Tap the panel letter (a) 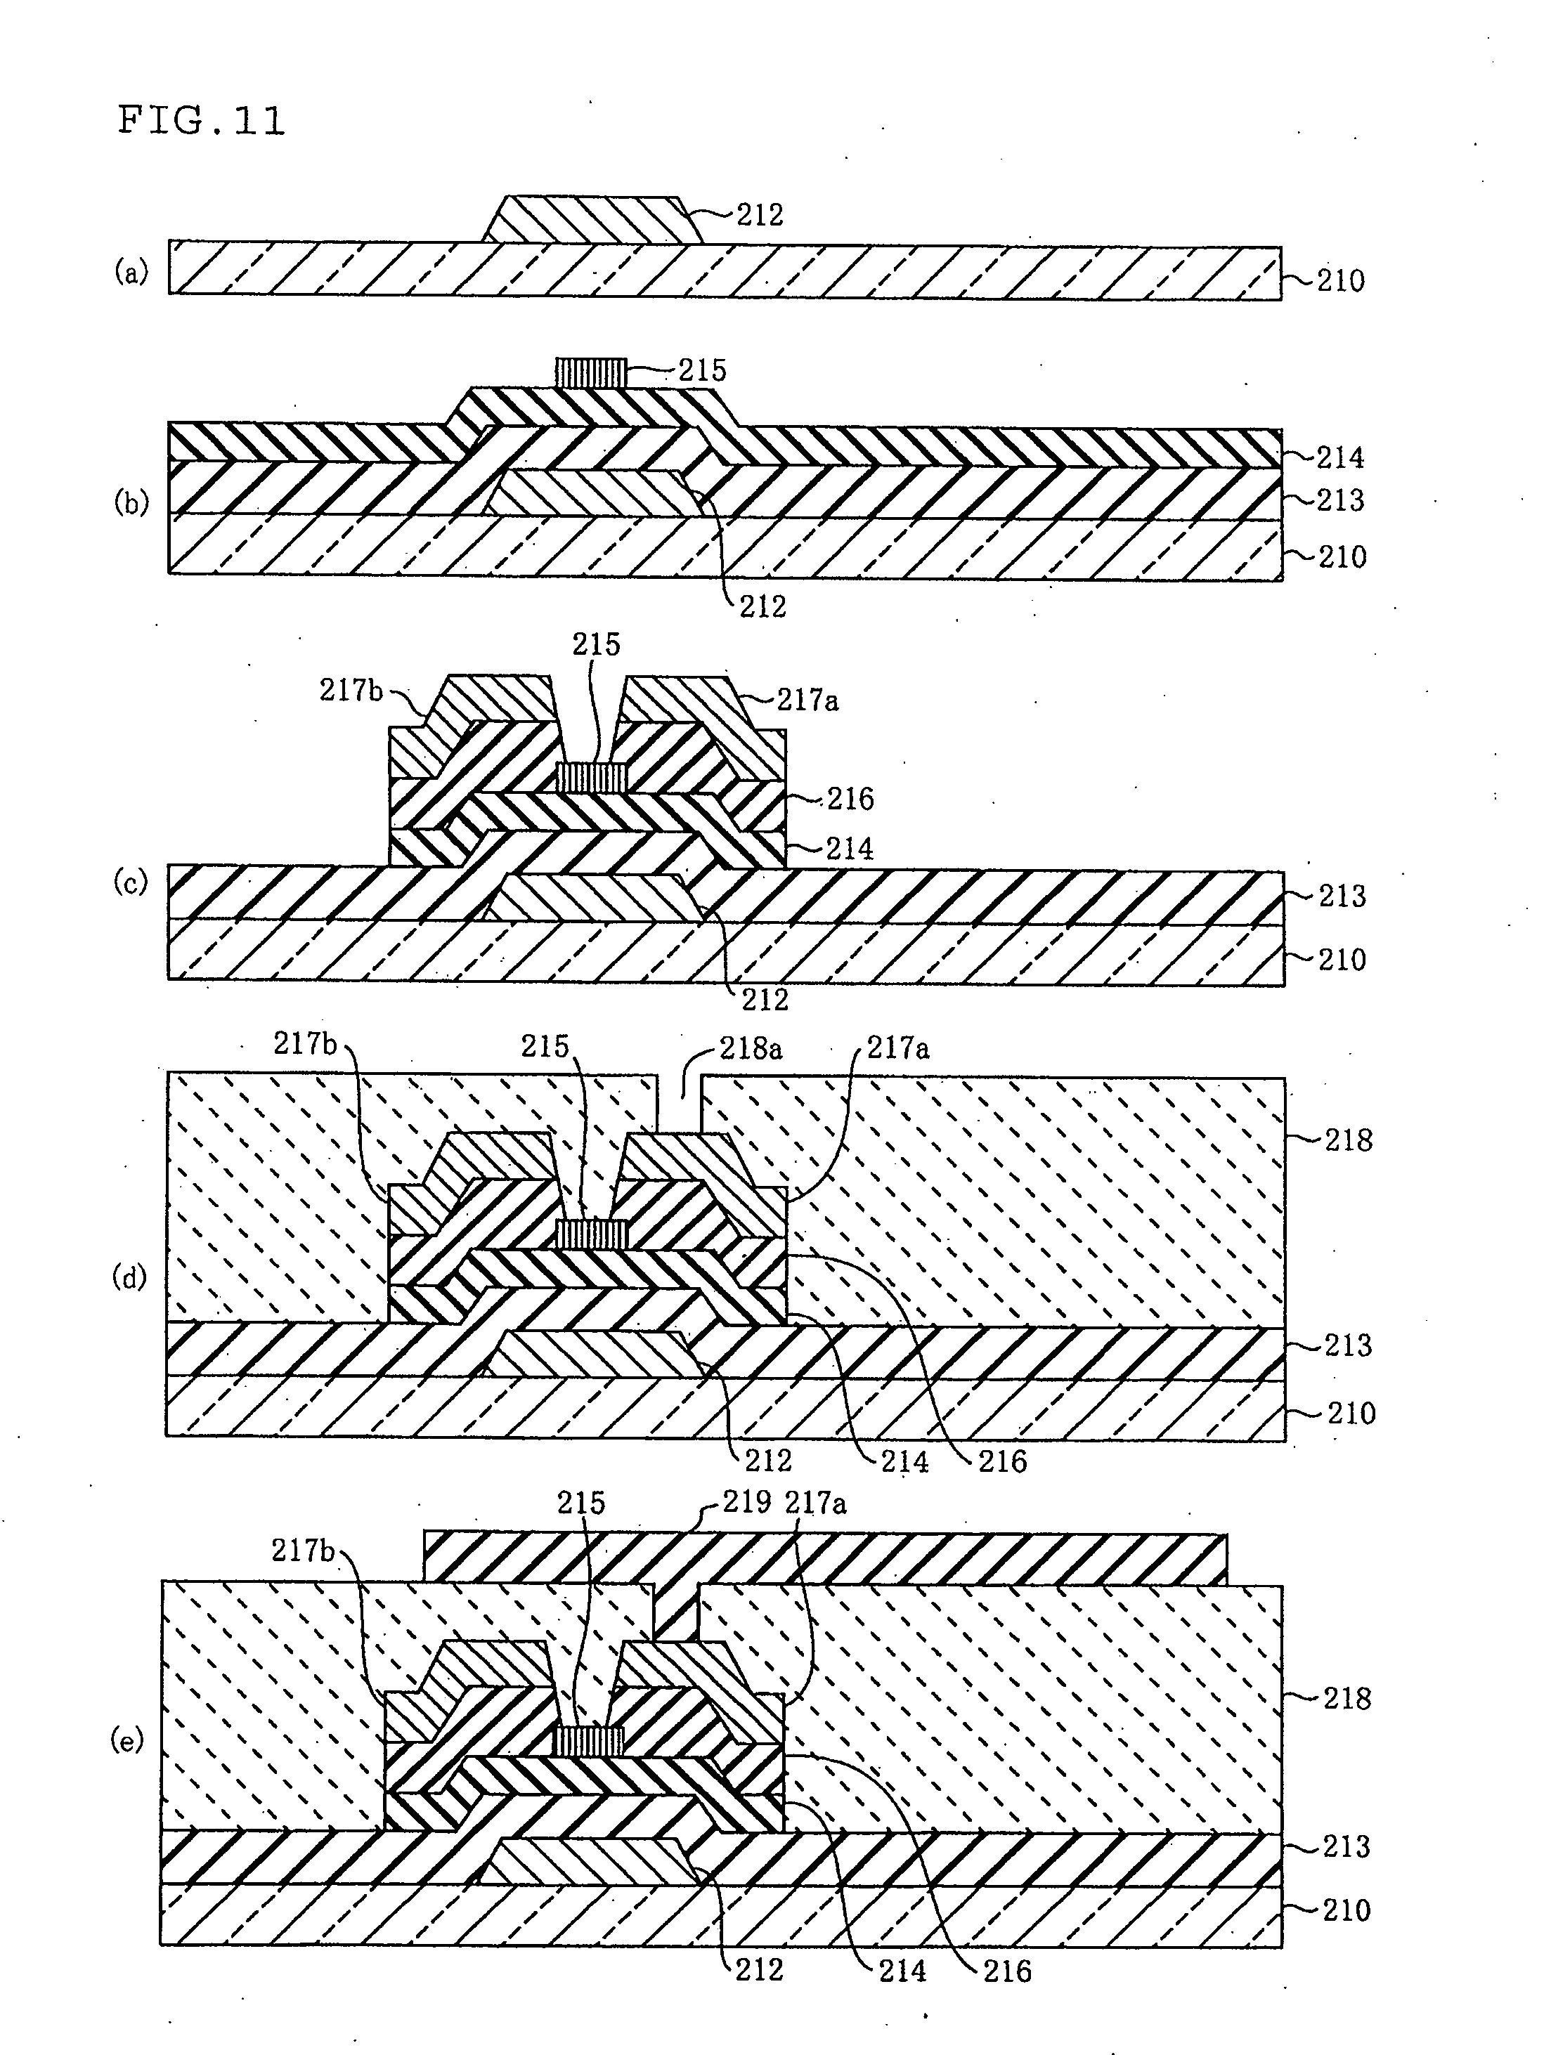coord(131,271)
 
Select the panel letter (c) coord(131,882)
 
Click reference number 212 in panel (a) coord(760,216)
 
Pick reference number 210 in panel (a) coord(1341,280)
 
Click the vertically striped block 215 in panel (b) coord(591,374)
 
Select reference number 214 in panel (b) coord(1341,457)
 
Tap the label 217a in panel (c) coord(807,700)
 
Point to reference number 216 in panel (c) coord(850,799)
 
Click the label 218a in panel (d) coord(751,1049)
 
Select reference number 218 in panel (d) coord(1349,1140)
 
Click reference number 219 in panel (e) coord(746,1502)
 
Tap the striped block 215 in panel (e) coord(588,1741)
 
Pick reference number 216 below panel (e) coord(1007,1971)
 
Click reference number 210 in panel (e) coord(1346,1910)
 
